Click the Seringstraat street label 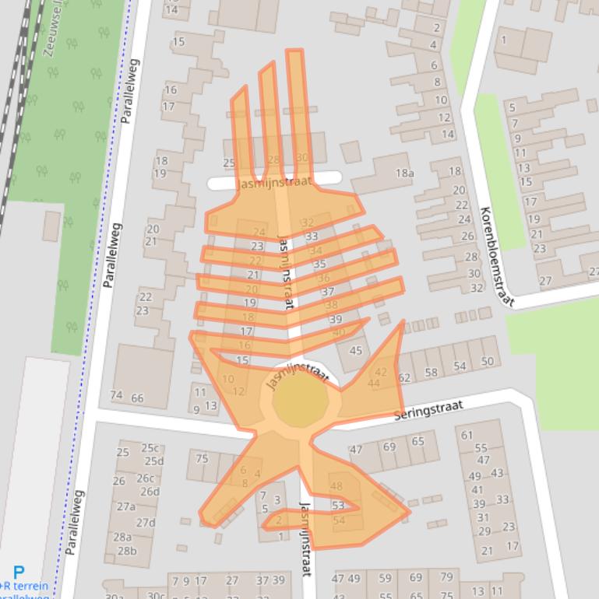(428, 411)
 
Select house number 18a (404, 173)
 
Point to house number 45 (356, 350)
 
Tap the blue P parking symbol (19, 573)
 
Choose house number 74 (117, 396)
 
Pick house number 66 (137, 398)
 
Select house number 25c (149, 447)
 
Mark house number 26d (150, 492)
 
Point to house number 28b (126, 551)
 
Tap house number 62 (404, 378)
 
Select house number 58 (431, 373)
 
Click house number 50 (487, 361)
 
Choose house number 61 (467, 434)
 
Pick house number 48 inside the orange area (336, 486)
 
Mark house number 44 (374, 383)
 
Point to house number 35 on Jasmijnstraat (319, 264)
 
